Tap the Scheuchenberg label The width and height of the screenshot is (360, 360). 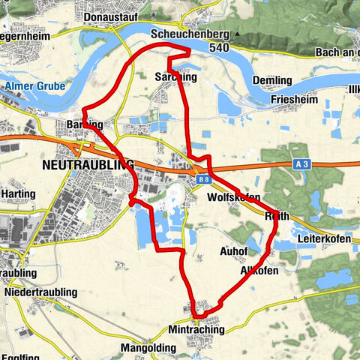tap(188, 34)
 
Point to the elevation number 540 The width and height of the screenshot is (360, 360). tap(219, 47)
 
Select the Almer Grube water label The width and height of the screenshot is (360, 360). tap(34, 87)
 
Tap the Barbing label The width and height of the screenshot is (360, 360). tap(83, 124)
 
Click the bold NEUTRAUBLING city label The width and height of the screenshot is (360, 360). tap(87, 163)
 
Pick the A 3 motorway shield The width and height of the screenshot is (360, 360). tap(301, 163)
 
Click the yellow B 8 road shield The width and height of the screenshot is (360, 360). tap(203, 180)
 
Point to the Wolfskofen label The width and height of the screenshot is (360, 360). tap(232, 196)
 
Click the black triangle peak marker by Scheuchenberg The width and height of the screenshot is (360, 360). tap(238, 35)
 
